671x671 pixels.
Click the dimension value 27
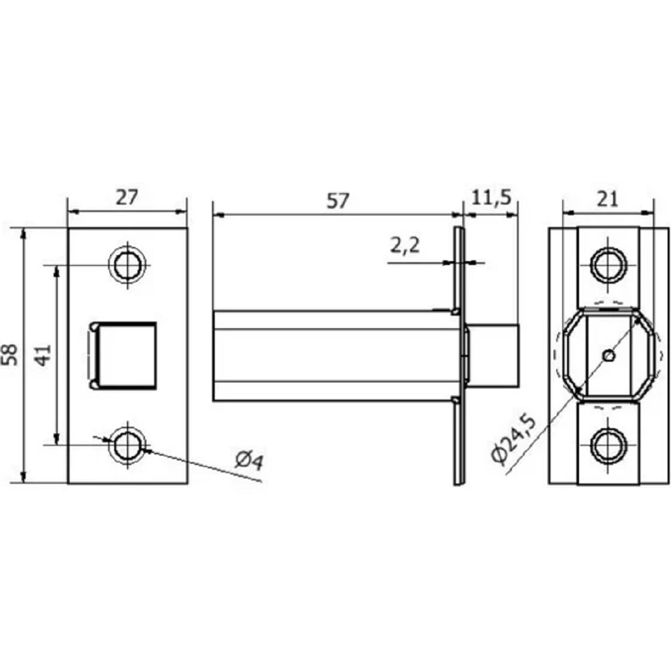[x=127, y=198]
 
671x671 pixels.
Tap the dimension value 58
[x=10, y=354]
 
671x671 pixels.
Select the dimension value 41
[x=43, y=355]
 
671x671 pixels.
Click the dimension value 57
[x=338, y=201]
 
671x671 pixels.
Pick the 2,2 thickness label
[x=405, y=246]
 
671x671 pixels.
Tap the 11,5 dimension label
[x=492, y=197]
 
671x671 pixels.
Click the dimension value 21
[x=607, y=199]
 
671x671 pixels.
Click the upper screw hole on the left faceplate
[x=127, y=265]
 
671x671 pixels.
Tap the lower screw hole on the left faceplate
[x=127, y=445]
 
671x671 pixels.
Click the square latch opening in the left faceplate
[x=123, y=355]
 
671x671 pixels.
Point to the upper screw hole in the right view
[x=609, y=265]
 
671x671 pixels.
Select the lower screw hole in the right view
[x=609, y=445]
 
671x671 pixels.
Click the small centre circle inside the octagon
[x=609, y=355]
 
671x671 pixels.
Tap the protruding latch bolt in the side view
[x=492, y=356]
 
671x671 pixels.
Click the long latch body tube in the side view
[x=333, y=356]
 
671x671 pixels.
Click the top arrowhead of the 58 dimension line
[x=24, y=234]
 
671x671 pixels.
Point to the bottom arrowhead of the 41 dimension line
[x=56, y=439]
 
